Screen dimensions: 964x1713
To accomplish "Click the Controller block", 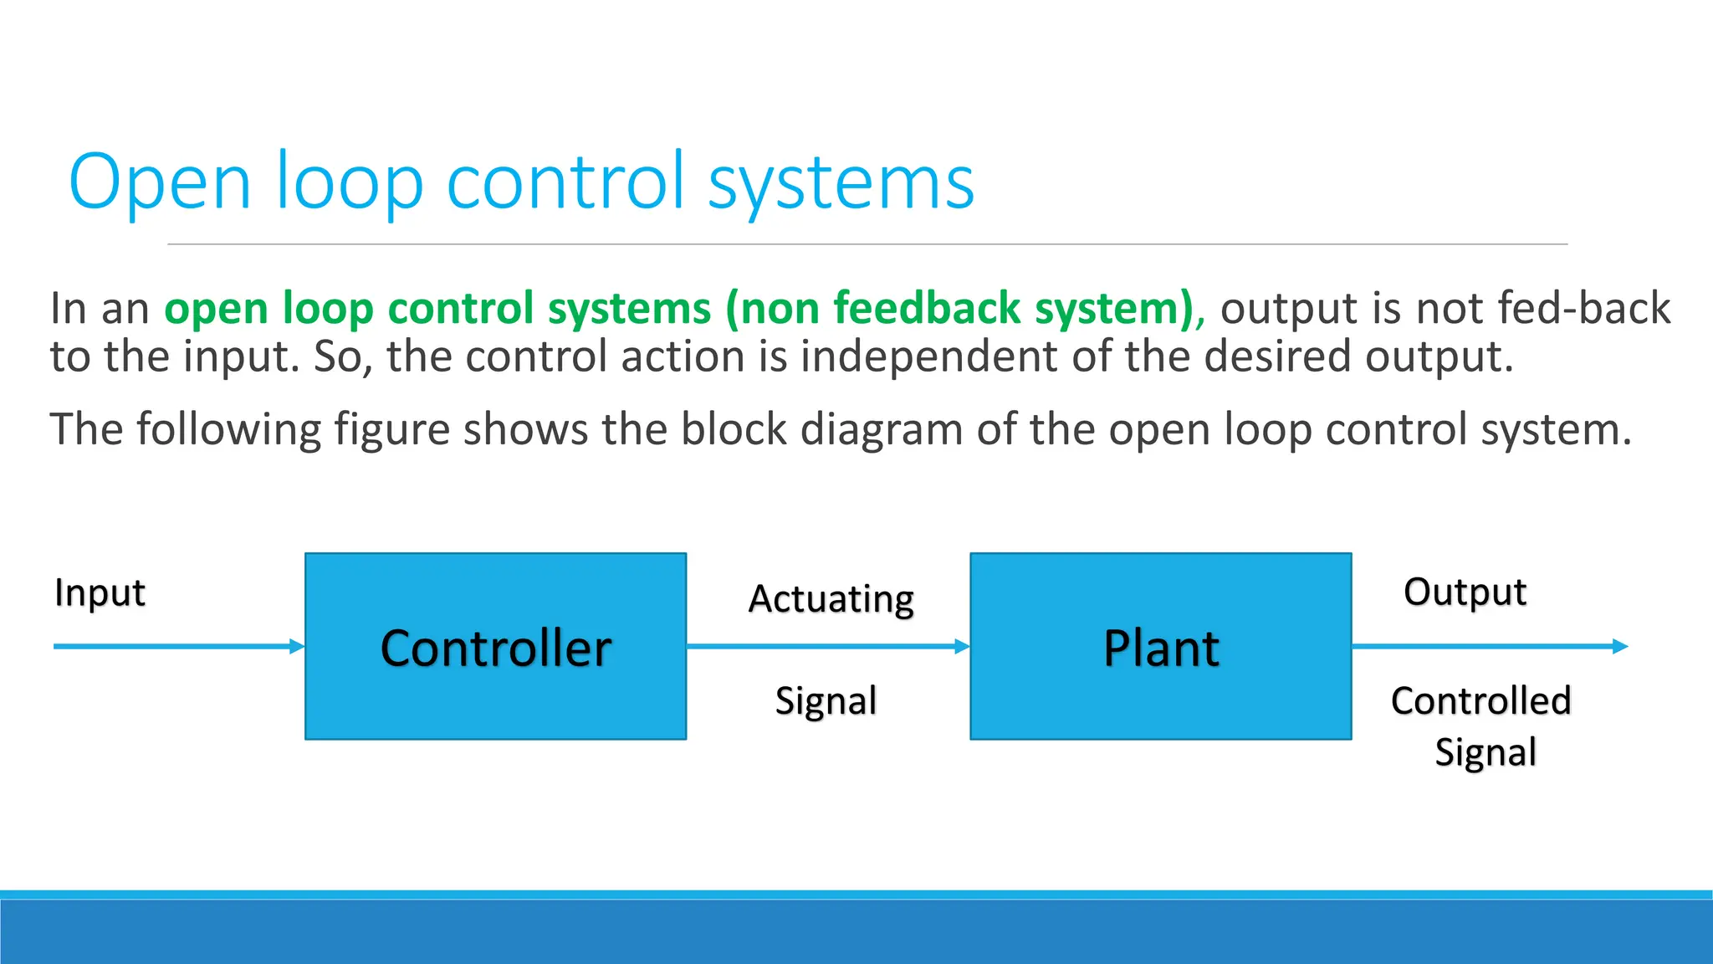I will pos(495,646).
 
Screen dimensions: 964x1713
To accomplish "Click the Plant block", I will pos(1160,646).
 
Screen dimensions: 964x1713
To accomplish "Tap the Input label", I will pos(100,593).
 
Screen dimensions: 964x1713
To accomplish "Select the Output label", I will pos(1465,592).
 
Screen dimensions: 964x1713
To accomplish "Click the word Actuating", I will pos(831,599).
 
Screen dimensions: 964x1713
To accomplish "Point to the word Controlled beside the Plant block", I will pos(1480,700).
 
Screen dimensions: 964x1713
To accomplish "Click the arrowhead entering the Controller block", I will pos(297,646).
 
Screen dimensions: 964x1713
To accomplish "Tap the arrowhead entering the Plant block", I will pos(962,646).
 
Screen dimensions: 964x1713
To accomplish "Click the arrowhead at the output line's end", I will pos(1620,646).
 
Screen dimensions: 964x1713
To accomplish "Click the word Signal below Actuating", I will pos(826,701).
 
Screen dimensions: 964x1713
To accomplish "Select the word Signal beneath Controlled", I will pos(1485,752).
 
